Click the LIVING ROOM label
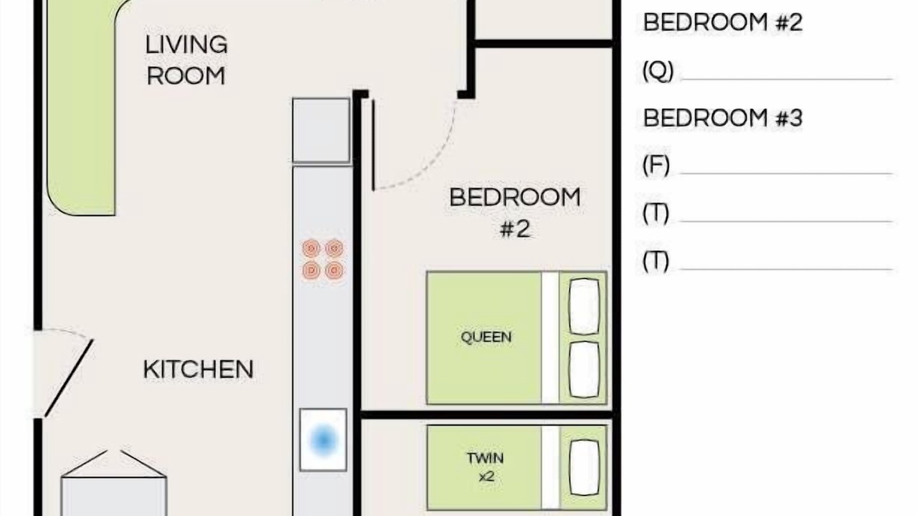coord(186,60)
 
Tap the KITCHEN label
coord(199,369)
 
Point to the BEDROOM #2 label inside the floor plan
coord(515,213)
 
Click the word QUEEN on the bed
coord(486,337)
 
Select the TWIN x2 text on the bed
coord(486,467)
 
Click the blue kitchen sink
coord(323,440)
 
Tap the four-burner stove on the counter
coord(323,259)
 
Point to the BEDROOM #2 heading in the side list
coord(722,22)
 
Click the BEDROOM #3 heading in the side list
coord(722,118)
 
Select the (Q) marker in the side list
coord(658,71)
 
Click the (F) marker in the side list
coord(656,166)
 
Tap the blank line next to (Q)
coord(787,79)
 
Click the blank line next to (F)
coord(785,173)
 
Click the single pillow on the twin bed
coord(585,468)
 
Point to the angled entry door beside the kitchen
coord(69,378)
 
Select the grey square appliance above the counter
coord(321,130)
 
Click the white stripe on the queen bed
coord(550,338)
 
